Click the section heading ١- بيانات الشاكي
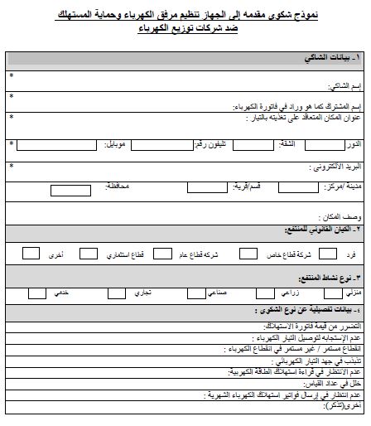coord(330,59)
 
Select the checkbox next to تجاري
coord(110,292)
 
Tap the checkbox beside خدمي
coord(37,292)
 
